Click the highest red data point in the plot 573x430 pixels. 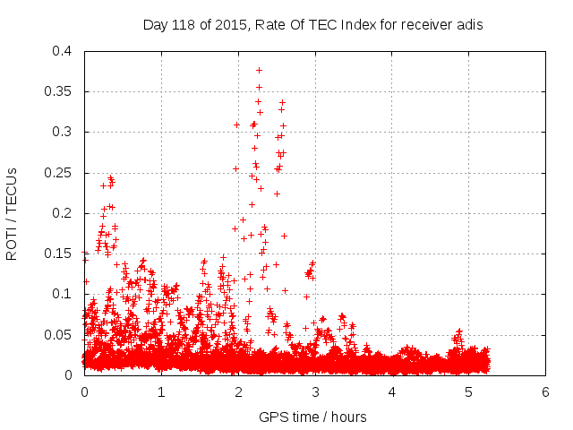pos(259,69)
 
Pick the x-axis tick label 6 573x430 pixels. pos(545,392)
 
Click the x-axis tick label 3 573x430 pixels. pos(315,392)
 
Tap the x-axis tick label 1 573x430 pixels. pos(161,392)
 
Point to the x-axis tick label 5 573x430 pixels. pos(468,392)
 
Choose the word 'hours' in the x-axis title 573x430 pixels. pos(348,417)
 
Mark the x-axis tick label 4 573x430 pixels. pos(391,392)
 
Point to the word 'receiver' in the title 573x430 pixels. pos(424,25)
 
